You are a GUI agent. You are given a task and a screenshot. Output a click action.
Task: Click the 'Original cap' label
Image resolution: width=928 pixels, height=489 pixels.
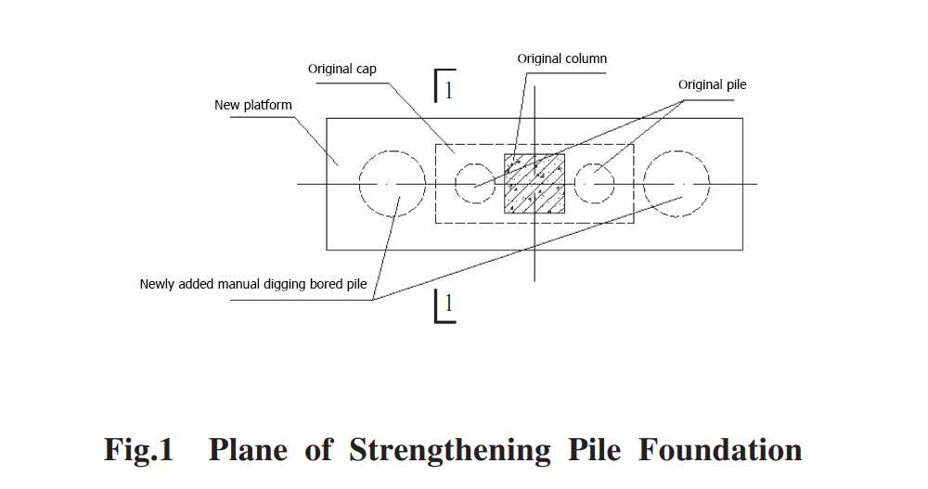(x=342, y=69)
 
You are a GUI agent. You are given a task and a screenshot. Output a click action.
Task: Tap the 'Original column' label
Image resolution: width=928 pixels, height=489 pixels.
(x=561, y=58)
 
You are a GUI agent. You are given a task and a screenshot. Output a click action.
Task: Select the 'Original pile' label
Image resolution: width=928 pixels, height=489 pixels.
(x=712, y=84)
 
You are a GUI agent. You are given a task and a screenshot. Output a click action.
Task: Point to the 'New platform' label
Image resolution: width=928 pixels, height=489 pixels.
(x=252, y=105)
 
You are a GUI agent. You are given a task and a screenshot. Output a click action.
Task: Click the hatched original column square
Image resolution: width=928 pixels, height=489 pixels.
(x=535, y=184)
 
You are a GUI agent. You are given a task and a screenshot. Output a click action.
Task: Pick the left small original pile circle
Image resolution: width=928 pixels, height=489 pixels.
(x=474, y=183)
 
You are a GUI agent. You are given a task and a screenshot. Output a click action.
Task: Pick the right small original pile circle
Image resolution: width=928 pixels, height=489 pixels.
(x=595, y=183)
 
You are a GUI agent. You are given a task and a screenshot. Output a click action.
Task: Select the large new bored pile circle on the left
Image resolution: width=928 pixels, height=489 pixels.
(x=393, y=184)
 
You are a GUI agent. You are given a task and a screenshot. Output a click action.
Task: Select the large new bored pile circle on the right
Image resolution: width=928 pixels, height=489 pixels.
(x=677, y=184)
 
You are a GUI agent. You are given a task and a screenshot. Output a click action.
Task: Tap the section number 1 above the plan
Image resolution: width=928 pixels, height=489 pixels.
(x=449, y=90)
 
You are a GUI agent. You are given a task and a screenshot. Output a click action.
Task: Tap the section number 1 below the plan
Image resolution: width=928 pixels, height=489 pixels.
(x=449, y=303)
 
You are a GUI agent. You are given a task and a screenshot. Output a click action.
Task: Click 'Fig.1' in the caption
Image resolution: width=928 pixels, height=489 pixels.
(x=138, y=450)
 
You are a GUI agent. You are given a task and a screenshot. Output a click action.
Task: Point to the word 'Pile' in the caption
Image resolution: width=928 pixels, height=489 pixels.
(x=590, y=450)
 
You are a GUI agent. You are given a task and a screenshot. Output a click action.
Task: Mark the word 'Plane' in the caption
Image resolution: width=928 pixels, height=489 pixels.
(x=249, y=450)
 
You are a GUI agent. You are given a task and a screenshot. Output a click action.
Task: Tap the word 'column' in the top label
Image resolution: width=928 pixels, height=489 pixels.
(x=586, y=58)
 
